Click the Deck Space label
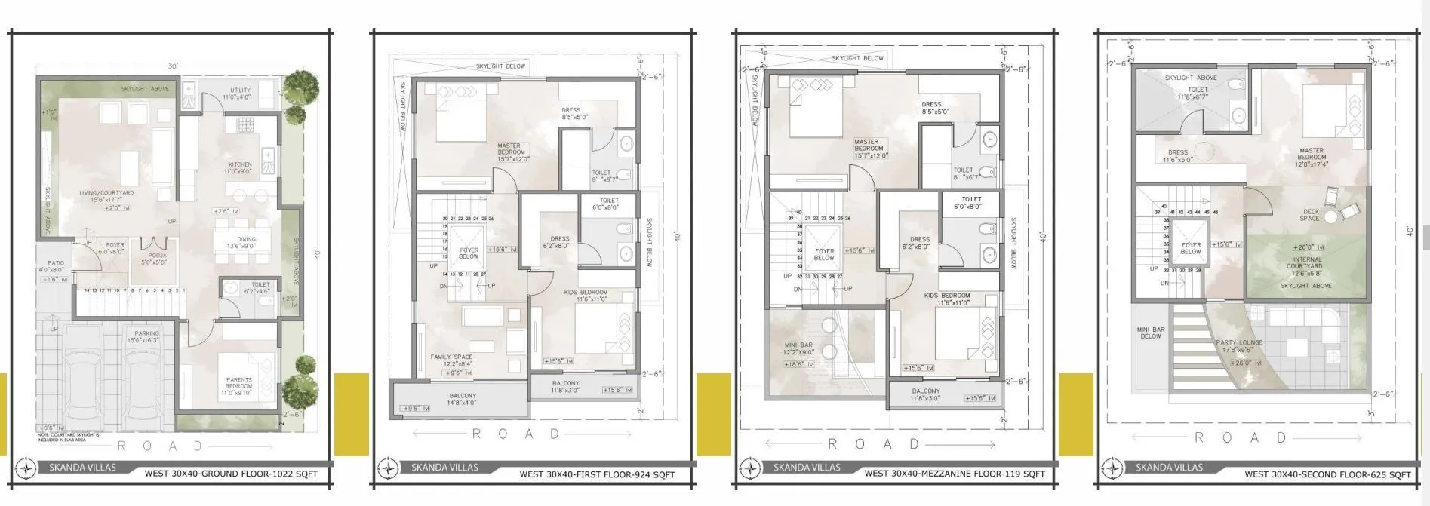(x=1310, y=215)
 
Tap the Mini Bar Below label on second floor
(x=1151, y=333)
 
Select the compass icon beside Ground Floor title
(x=26, y=468)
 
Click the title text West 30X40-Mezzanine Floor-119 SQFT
(x=955, y=474)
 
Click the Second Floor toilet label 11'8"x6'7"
(x=1198, y=93)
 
